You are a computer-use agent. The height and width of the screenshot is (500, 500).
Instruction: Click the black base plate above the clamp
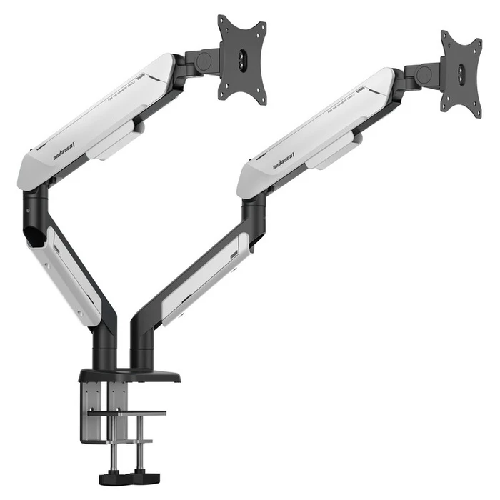point(129,374)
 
